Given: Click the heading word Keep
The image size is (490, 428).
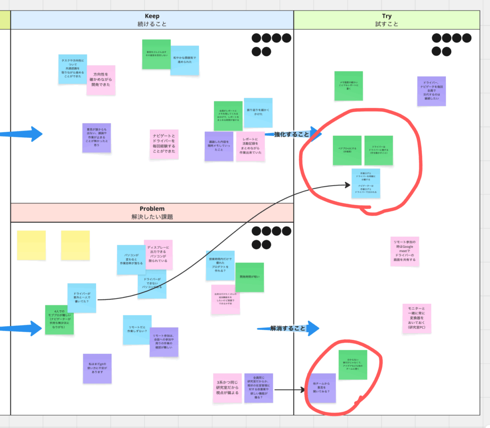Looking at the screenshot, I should coord(152,16).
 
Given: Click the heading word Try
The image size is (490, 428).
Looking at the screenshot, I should coord(387,16).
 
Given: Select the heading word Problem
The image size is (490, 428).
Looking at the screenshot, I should coord(152,209).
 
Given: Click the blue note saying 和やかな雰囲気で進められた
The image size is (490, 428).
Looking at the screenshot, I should coord(185,60).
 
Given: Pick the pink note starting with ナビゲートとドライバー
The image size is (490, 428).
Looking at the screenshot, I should coord(164,144).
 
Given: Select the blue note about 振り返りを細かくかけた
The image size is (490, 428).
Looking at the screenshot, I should coord(258,113).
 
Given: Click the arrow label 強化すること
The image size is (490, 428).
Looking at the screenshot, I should coord(291,134).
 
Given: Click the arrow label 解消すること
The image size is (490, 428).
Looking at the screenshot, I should coord(288,328).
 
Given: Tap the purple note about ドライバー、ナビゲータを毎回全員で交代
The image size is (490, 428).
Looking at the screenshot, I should coord(432,91).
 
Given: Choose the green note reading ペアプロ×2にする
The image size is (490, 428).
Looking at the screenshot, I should coord(347,150).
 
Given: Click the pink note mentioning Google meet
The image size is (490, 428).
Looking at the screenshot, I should coord(404,252).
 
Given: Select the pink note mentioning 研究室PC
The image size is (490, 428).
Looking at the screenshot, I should coord(416,318).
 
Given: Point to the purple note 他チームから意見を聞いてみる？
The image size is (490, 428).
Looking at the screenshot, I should coord(321,387).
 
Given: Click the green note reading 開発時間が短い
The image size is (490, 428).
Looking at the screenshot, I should coord(249,277).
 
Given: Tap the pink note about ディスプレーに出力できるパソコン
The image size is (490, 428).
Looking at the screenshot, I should coord(158,254).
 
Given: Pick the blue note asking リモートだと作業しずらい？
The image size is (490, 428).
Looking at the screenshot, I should coord(137,330).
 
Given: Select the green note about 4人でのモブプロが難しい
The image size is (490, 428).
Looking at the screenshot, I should coord(60,319).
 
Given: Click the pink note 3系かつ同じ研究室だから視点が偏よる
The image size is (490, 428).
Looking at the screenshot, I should coord(227,388).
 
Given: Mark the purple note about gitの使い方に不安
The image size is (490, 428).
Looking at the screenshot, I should coord(97,368).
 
